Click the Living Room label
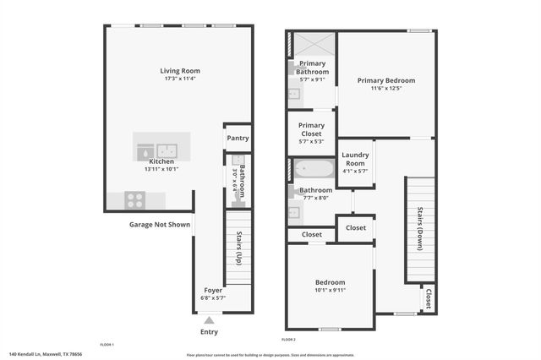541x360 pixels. tap(180, 70)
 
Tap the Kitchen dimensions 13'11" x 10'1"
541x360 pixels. tap(161, 169)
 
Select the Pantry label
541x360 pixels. tap(238, 138)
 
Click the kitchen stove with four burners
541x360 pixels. tap(135, 200)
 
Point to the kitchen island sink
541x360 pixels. tap(168, 150)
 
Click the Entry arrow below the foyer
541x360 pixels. tap(209, 320)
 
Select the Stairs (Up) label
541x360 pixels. tap(239, 247)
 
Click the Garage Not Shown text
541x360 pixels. tap(159, 225)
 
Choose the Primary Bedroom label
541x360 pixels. tap(386, 80)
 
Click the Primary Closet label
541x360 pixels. tap(312, 130)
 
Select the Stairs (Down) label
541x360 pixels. tap(420, 228)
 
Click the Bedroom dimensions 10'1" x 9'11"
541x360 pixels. tap(329, 289)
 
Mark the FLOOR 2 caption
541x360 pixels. tap(288, 339)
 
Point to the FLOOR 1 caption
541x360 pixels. tap(107, 345)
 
